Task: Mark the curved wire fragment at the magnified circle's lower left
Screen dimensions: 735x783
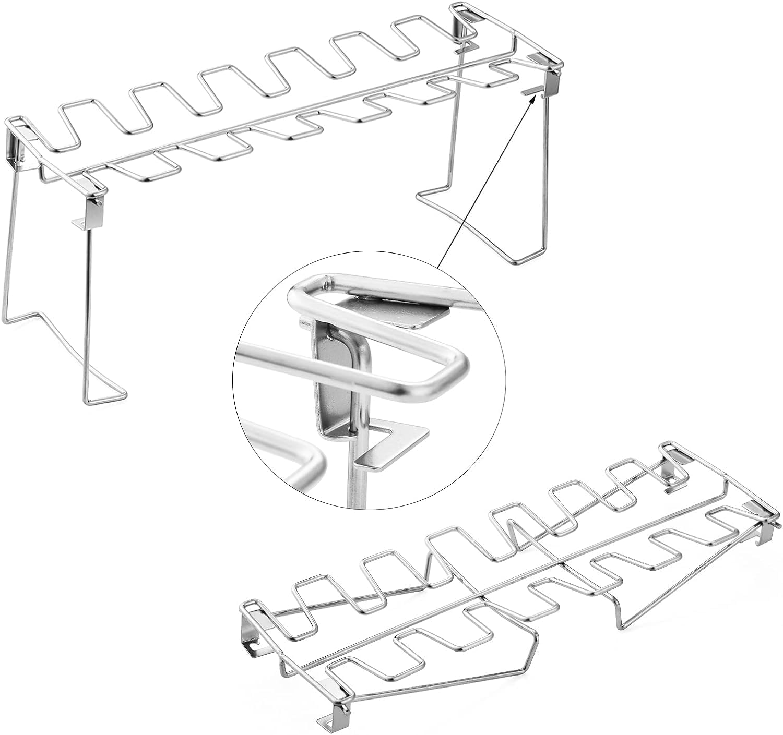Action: click(292, 459)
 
